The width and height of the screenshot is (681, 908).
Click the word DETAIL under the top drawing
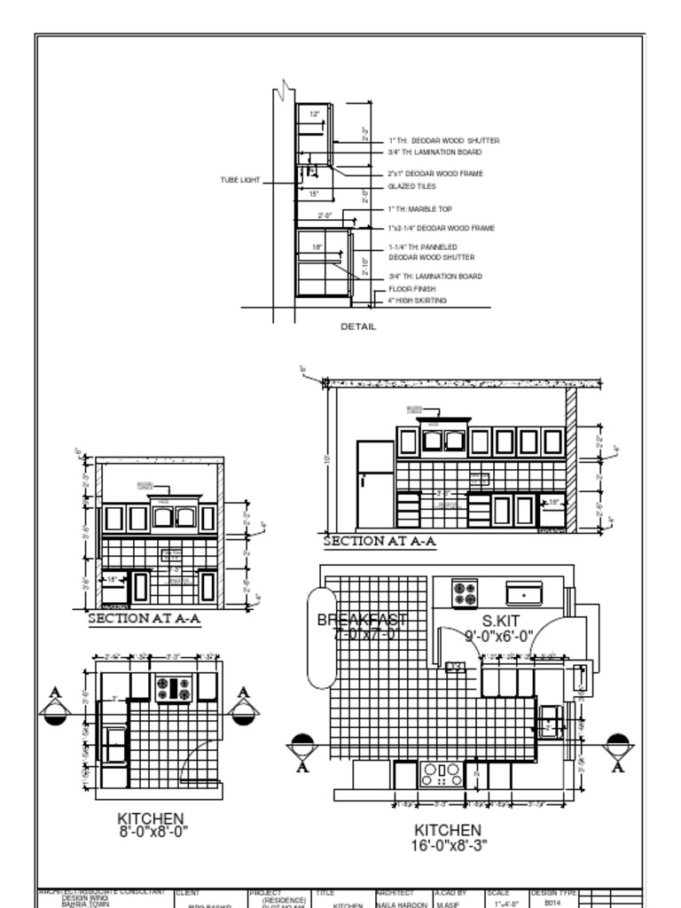pos(358,326)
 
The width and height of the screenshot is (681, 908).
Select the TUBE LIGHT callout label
pos(240,180)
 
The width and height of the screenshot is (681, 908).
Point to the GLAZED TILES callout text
pos(411,187)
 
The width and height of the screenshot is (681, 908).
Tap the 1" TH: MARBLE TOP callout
pos(419,209)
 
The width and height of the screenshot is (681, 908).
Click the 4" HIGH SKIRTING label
pos(417,301)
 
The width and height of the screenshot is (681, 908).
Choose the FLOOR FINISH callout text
pos(411,289)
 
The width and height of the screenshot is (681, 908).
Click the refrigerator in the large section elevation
pos(375,484)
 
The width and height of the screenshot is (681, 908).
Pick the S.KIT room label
pos(500,622)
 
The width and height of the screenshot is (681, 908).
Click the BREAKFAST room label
pos(362,620)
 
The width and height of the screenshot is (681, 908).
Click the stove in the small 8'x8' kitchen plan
pos(174,688)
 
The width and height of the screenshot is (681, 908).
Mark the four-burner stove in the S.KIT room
pos(465,593)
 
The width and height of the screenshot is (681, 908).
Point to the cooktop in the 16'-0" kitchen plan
pos(442,775)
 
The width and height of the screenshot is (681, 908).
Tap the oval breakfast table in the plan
pos(321,637)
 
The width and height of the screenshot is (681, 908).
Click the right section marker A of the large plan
pos(617,752)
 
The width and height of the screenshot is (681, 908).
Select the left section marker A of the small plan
pos(55,707)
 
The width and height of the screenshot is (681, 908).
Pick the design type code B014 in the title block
pos(552,901)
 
